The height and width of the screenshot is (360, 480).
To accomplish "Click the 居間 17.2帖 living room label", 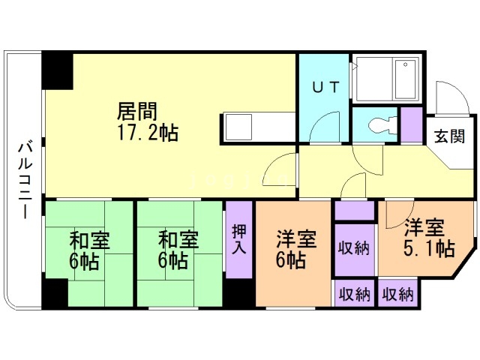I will coord(147,122).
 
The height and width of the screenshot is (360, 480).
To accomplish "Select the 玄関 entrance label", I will coord(449,136).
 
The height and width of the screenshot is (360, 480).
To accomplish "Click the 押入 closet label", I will coord(239,238).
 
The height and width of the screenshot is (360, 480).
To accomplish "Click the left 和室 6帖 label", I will coord(89,251).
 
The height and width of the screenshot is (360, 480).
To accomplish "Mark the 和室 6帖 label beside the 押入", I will coord(178,251).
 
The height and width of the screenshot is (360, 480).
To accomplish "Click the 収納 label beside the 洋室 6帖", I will coord(353,249).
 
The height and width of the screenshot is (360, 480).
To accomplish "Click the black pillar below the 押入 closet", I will coord(239,292).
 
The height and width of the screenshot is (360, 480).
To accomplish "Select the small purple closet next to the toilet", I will coord(411,125).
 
